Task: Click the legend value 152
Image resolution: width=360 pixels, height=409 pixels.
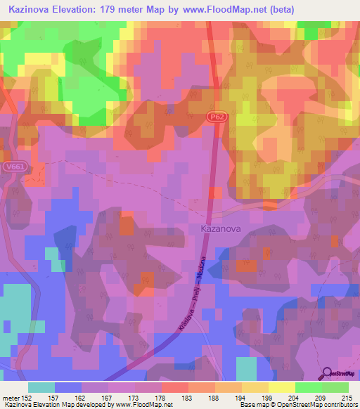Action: click(x=30, y=397)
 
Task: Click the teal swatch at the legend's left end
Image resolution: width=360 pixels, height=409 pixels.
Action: click(x=41, y=387)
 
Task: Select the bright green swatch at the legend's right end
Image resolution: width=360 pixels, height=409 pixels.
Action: click(x=335, y=387)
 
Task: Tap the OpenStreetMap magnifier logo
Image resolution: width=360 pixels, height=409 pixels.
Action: click(x=327, y=373)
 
